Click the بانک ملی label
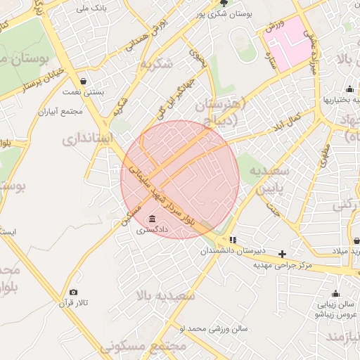94,8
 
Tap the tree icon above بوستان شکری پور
224,3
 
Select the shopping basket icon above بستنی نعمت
84,81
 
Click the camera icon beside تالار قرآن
74,292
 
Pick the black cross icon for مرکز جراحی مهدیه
283,254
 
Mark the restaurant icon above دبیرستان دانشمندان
233,240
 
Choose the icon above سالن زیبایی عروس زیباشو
335,294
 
